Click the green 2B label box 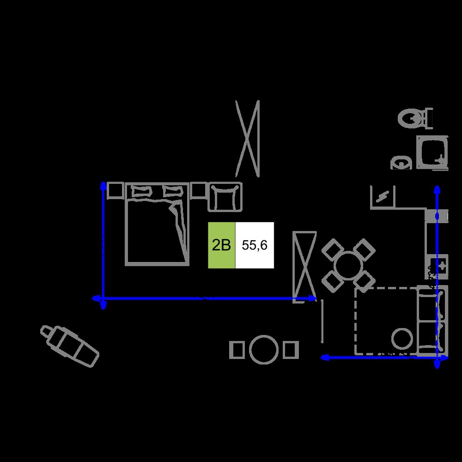(222, 245)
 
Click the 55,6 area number (255, 245)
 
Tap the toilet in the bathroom (415, 118)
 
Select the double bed (157, 224)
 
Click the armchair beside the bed (225, 197)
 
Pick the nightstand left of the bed (115, 190)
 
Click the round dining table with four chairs (348, 266)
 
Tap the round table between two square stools (264, 349)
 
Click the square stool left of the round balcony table (237, 350)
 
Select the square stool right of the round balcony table (291, 350)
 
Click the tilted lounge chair (70, 346)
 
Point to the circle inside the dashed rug (402, 339)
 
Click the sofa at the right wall (432, 321)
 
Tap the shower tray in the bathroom (432, 152)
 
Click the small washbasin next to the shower (401, 163)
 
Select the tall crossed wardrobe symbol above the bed (248, 139)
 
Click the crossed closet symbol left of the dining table (304, 266)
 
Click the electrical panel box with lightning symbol (383, 197)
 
